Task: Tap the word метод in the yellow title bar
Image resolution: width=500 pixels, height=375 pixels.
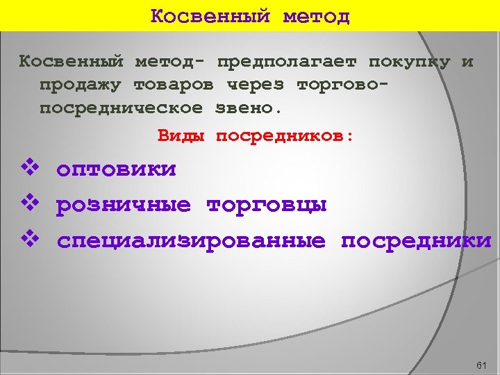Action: [x=316, y=15]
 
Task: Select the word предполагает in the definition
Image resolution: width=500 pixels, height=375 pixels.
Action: [x=287, y=62]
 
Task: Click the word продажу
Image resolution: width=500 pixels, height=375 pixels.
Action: [x=80, y=85]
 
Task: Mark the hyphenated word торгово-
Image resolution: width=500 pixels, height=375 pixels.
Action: [x=342, y=85]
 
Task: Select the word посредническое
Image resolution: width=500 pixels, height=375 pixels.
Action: [x=121, y=109]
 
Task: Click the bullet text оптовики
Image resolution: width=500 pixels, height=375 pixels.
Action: [x=116, y=169]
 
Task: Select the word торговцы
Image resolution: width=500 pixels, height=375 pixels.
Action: [x=267, y=205]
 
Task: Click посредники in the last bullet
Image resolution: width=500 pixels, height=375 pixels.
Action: [x=415, y=241]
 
